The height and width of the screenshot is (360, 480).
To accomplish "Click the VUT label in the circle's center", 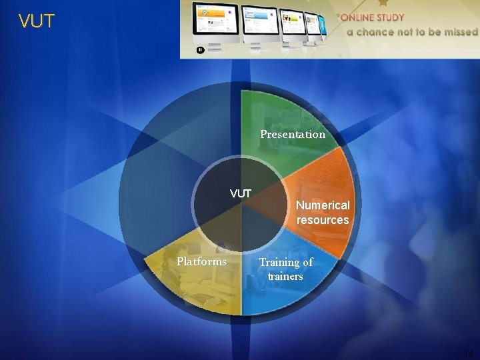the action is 240,194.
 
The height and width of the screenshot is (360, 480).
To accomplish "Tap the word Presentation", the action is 293,135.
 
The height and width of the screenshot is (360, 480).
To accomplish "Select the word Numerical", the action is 323,205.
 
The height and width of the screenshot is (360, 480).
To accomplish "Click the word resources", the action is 323,220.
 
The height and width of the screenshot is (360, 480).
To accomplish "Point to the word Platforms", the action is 201,261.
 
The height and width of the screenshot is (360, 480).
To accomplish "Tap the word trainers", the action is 285,276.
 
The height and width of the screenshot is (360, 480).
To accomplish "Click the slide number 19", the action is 469,354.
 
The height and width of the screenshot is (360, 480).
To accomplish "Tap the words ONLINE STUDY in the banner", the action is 374,18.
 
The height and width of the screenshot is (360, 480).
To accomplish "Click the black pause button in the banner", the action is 199,49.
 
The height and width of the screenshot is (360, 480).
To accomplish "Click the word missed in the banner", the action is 459,31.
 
